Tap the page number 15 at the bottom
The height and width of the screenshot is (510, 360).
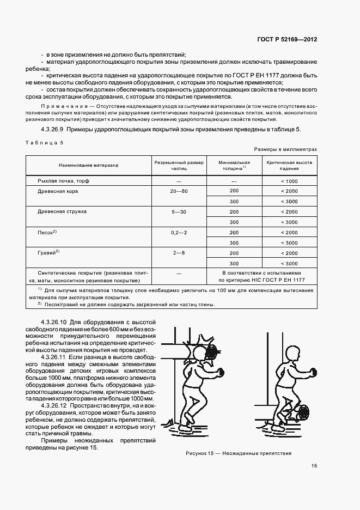314,466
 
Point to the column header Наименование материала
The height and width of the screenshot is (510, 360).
86,165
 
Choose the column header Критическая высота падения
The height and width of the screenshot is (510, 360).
289,165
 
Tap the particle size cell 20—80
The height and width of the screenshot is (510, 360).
178,191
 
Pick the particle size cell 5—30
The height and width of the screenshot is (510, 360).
178,211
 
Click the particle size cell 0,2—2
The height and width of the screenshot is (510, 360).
178,232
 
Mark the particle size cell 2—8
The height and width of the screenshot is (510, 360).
178,253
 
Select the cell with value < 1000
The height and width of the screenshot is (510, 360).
289,180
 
